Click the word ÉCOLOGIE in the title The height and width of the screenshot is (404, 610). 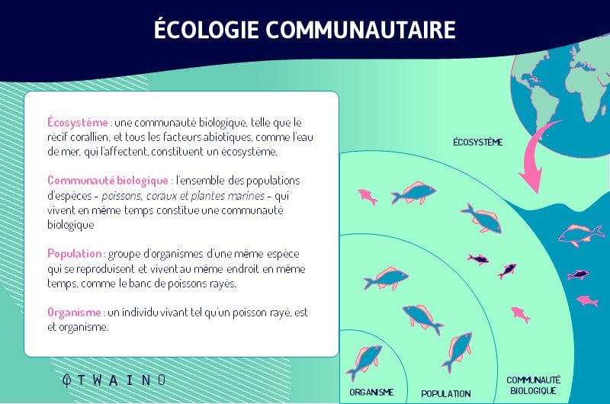click(x=207, y=29)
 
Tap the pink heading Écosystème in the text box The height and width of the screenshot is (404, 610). click(x=79, y=122)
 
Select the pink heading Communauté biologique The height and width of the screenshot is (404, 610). click(x=108, y=181)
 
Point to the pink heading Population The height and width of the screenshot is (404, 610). click(x=75, y=254)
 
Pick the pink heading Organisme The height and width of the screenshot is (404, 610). click(x=75, y=313)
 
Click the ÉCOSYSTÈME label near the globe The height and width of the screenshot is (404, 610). click(x=478, y=143)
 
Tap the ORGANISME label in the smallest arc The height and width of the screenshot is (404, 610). click(x=371, y=392)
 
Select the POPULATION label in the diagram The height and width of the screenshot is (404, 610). click(x=446, y=393)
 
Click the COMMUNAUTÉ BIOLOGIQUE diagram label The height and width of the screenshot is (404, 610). click(x=533, y=385)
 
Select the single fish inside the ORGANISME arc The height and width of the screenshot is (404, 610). click(x=364, y=361)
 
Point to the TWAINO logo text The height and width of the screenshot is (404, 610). click(x=121, y=380)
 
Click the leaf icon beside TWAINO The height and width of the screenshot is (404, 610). click(x=67, y=380)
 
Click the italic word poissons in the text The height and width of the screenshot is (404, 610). click(x=122, y=196)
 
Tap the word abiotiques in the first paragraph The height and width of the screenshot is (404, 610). click(x=227, y=137)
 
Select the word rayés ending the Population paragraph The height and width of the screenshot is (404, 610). click(x=223, y=284)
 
